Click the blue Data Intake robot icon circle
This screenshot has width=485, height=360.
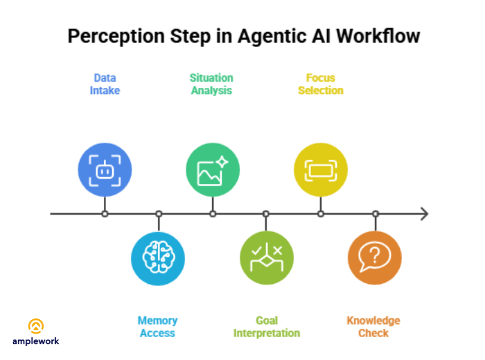(x=105, y=170)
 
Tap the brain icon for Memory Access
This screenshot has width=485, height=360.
(x=158, y=258)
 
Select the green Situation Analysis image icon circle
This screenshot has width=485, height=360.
(x=213, y=170)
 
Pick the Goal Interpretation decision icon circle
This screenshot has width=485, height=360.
(x=267, y=258)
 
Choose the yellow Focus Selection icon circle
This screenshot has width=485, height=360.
(x=321, y=170)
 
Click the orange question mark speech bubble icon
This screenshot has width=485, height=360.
(x=375, y=258)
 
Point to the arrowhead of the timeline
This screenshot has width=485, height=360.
(x=424, y=214)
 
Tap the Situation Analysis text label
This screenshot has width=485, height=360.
(x=211, y=84)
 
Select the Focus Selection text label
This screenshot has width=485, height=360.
(x=321, y=84)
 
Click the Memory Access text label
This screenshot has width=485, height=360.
(x=157, y=327)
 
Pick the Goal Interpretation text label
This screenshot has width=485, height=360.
(x=267, y=327)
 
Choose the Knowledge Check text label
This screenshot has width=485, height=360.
(x=373, y=327)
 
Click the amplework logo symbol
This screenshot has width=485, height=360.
(x=36, y=325)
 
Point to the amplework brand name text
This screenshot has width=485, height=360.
(x=36, y=341)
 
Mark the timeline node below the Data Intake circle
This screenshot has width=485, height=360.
(x=105, y=214)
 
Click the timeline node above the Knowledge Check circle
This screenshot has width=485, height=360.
(x=375, y=214)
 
